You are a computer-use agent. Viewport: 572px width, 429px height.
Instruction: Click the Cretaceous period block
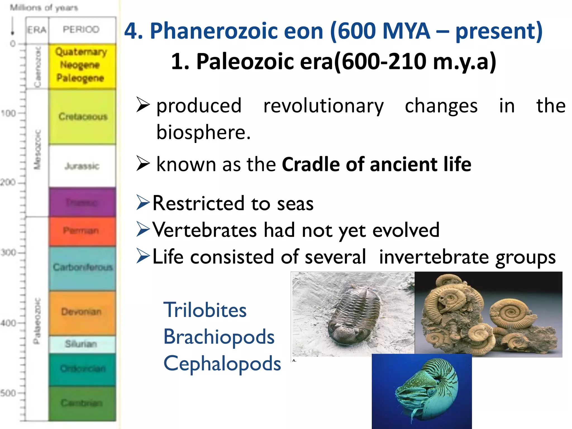(82, 117)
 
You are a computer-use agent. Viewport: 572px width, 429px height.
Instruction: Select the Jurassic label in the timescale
(82, 166)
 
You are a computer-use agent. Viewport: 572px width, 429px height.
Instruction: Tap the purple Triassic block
(82, 202)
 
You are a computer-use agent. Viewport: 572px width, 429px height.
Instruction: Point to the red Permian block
(82, 231)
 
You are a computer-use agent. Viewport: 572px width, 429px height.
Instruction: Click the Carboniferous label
(83, 267)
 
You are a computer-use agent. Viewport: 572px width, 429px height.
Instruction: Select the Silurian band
(81, 344)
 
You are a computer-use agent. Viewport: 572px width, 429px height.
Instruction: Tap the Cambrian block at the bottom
(82, 403)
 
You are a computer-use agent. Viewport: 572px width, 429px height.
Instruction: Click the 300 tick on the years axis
(8, 253)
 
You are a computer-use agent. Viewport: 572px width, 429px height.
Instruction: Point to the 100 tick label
(8, 113)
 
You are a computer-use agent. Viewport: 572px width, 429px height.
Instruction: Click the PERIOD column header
(81, 30)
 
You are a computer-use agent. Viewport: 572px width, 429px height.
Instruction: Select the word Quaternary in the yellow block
(81, 52)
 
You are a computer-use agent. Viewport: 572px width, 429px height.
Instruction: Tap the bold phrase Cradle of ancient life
(376, 164)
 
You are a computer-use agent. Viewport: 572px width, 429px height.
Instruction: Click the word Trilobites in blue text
(205, 310)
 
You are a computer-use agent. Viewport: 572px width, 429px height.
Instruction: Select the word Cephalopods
(222, 363)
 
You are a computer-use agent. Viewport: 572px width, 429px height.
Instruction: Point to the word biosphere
(203, 132)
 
